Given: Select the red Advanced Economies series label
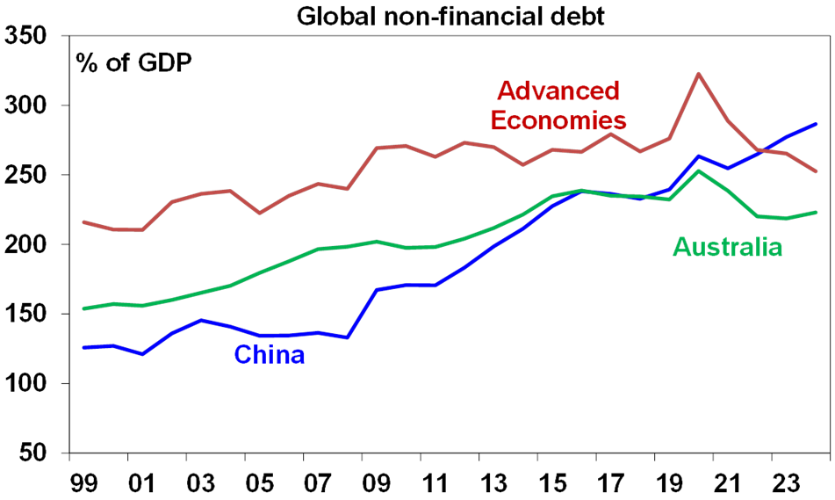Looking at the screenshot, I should click(x=558, y=105).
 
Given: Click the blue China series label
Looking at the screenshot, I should click(x=269, y=355).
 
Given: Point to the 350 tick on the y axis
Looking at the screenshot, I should click(x=30, y=37).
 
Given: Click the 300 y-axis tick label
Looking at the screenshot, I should click(x=30, y=106).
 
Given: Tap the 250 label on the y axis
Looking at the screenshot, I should click(x=30, y=176).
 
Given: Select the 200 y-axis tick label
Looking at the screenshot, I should click(x=30, y=245).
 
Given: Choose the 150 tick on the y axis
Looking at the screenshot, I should click(x=30, y=315).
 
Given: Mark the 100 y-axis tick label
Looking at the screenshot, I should click(x=30, y=384).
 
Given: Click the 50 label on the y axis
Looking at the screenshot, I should click(x=40, y=453).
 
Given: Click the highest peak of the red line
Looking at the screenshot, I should click(x=697, y=74).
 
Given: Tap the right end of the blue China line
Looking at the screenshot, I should click(x=816, y=124).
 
